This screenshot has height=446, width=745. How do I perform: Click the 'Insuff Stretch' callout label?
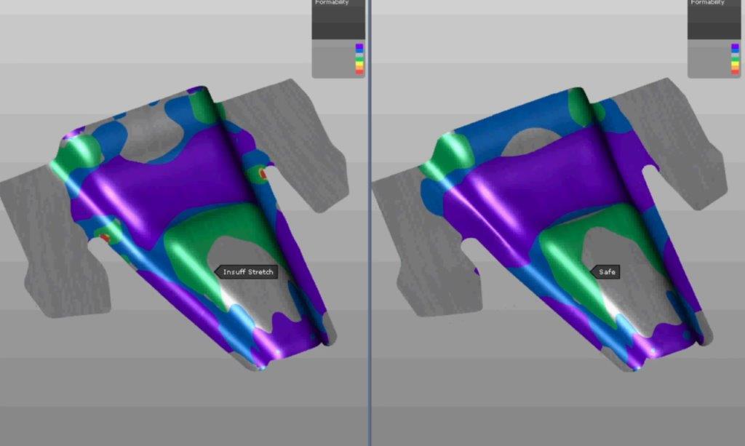click(x=248, y=272)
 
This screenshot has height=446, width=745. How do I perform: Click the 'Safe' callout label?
click(x=607, y=272)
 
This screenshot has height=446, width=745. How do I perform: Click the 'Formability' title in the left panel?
click(x=332, y=3)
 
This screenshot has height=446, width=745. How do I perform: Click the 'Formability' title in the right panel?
click(x=707, y=3)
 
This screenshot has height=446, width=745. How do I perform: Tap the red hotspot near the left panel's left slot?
click(x=105, y=237)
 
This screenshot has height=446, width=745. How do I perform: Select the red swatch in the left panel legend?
click(x=359, y=71)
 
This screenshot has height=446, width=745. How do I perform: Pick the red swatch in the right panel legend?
click(x=734, y=71)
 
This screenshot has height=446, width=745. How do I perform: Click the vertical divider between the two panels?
click(x=370, y=218)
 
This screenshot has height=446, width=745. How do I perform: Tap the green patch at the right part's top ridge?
click(x=582, y=105)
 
